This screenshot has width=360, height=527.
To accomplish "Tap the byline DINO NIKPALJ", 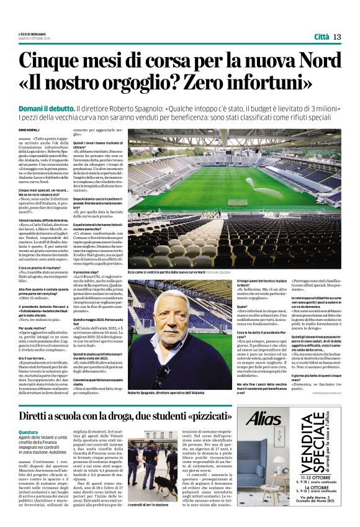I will point(29,129).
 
